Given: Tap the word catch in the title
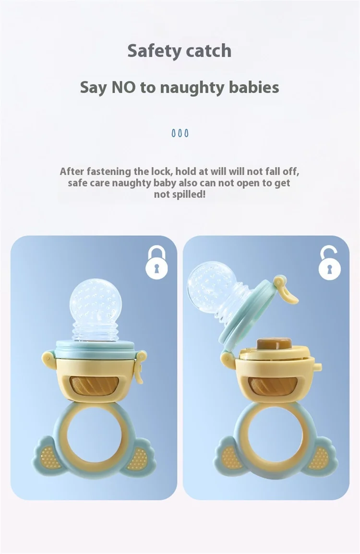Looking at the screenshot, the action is click(209, 50).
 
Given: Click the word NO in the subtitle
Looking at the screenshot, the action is click(123, 87).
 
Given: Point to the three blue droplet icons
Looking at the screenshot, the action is click(180, 133).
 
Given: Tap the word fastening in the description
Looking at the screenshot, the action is click(109, 172).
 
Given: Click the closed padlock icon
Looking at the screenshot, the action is click(156, 263).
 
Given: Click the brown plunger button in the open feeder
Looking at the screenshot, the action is click(274, 344).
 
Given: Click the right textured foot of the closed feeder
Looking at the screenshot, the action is click(138, 457).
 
